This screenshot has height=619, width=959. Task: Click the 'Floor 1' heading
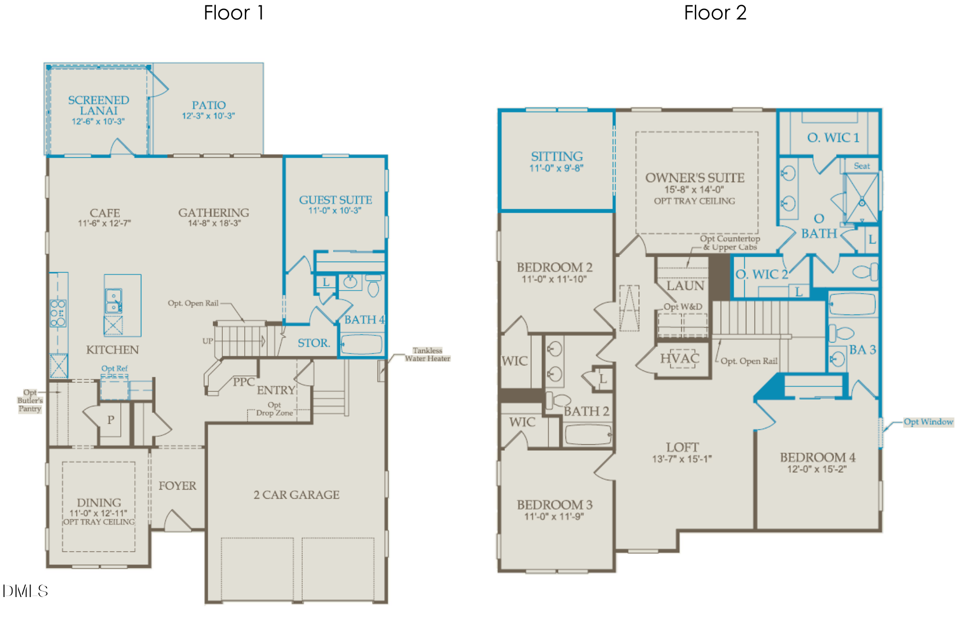(x=233, y=13)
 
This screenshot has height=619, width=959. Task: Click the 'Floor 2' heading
(x=715, y=13)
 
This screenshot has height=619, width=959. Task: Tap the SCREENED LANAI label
(x=98, y=105)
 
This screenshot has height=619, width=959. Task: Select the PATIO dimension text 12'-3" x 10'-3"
(x=208, y=116)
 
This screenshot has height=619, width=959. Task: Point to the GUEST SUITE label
(x=336, y=200)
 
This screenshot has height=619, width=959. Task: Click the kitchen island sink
(x=113, y=301)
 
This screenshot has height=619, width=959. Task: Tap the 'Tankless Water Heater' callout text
(x=428, y=354)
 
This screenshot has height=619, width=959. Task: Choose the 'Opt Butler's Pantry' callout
(x=30, y=400)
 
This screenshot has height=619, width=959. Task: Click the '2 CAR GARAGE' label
(x=297, y=495)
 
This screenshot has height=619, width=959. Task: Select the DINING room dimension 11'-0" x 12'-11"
(x=98, y=513)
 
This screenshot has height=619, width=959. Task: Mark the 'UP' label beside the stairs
(x=208, y=341)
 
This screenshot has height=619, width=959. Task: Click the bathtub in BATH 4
(x=361, y=344)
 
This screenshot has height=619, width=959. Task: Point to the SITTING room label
(x=557, y=156)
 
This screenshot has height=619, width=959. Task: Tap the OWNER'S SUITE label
(x=695, y=178)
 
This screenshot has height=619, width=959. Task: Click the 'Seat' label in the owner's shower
(x=862, y=166)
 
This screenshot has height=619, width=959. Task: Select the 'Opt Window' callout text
(x=929, y=422)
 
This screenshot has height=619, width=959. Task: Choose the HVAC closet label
(x=679, y=358)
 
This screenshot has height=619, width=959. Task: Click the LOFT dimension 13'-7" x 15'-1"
(x=682, y=459)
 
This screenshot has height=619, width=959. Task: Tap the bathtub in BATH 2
(x=588, y=434)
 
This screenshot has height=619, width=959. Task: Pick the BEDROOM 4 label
(x=818, y=457)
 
